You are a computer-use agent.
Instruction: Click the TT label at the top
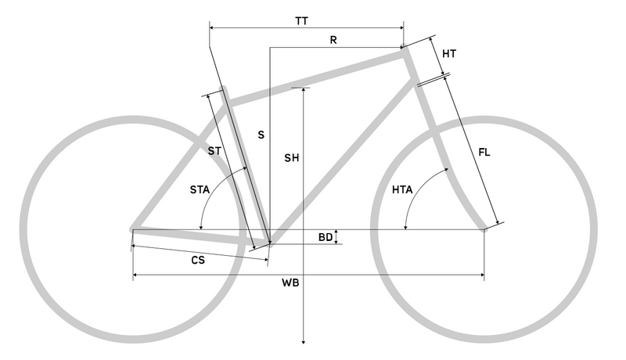point(302,21)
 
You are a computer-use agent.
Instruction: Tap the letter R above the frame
point(333,40)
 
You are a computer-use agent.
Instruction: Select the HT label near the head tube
point(449,53)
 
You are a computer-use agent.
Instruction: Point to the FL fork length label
point(484,152)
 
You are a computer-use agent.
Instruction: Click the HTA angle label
point(402,189)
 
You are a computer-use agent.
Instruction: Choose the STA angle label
point(200,189)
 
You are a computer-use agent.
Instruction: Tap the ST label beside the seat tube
point(214,151)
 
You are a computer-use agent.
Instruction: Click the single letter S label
point(261,135)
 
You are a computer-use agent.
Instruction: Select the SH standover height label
point(291,158)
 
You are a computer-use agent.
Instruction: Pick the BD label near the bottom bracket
point(326,237)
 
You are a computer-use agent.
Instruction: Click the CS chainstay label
point(198,261)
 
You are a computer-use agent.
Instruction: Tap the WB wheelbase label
point(290,283)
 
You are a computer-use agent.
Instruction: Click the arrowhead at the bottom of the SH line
point(304,341)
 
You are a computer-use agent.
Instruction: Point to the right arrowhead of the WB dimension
point(482,275)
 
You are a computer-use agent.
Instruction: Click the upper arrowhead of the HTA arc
point(446,170)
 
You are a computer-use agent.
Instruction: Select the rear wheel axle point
point(133,229)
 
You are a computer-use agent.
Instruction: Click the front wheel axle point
point(484,229)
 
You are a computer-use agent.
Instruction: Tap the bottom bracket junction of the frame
point(270,243)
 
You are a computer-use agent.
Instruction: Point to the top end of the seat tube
point(223,88)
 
